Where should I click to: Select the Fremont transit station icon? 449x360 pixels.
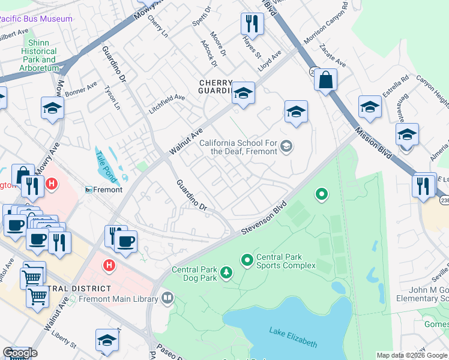tap(88, 190)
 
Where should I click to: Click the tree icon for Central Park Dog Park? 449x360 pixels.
tap(226, 273)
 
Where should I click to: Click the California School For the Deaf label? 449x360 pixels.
tap(238, 147)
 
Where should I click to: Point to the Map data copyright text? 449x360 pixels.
tap(412, 355)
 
